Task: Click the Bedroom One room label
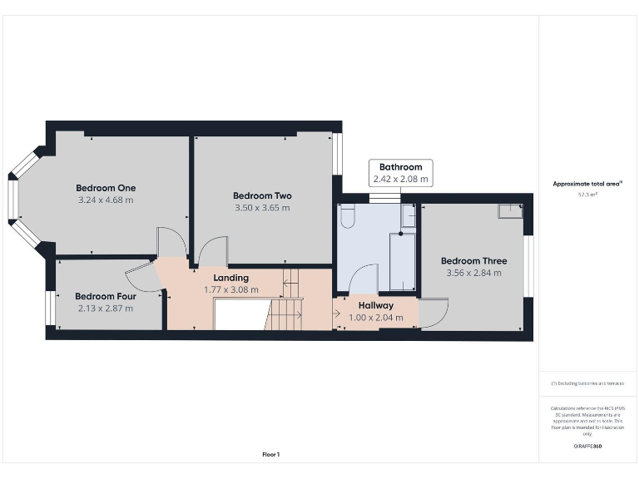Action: point(106,188)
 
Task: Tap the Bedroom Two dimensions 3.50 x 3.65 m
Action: point(262,208)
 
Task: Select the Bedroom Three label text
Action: point(473,261)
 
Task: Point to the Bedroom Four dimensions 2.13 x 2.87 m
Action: point(105,309)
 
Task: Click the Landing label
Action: point(231,278)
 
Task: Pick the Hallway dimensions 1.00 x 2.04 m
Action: point(376,318)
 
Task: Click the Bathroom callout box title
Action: point(400,167)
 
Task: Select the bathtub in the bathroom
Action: point(403,261)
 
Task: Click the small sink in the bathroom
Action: point(409,216)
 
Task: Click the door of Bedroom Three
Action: point(433,312)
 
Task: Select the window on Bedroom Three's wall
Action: point(527,266)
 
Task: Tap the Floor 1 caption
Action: point(271,455)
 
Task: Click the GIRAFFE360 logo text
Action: point(587,447)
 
